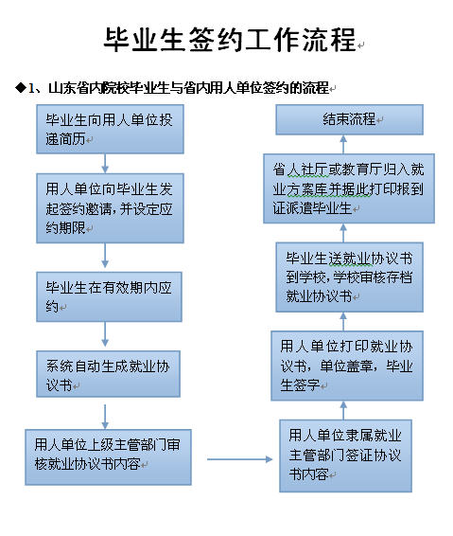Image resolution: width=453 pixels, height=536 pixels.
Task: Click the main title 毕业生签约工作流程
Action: [231, 40]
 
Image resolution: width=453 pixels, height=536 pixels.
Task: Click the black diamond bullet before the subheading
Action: [21, 88]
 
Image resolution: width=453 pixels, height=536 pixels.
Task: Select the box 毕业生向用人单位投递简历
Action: [110, 129]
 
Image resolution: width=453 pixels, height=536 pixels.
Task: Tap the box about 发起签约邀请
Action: [110, 208]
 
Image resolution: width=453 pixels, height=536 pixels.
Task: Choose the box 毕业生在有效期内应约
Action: [110, 296]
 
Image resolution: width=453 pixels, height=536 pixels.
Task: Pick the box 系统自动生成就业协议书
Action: [108, 374]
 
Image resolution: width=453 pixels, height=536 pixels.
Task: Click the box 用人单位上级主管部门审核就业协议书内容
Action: [108, 457]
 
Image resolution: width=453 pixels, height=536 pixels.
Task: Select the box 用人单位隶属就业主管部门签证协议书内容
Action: [345, 456]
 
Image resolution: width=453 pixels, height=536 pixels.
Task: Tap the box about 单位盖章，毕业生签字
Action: [347, 366]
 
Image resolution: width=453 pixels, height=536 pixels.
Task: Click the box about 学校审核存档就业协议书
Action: [349, 277]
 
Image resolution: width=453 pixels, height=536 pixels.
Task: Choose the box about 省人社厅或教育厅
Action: [349, 188]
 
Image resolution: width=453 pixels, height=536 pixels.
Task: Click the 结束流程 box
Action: [349, 119]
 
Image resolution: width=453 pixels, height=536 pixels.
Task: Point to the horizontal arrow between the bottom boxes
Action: [239, 459]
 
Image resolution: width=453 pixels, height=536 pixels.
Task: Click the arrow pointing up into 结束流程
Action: [343, 144]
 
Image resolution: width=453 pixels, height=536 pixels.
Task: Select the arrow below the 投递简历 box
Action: [105, 164]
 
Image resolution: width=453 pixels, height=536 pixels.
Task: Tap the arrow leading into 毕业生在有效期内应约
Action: [105, 256]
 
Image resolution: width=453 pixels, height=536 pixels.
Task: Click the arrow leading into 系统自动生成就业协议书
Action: [105, 334]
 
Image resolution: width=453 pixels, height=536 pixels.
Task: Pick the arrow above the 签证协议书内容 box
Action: [343, 410]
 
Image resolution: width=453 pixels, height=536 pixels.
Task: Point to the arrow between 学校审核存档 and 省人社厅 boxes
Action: [343, 233]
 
